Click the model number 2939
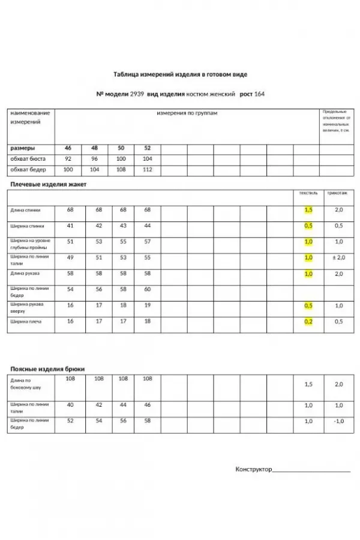138,94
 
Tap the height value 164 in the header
260,94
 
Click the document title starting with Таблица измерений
180,74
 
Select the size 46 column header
68,148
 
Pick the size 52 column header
148,148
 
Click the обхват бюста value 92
68,159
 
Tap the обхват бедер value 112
148,170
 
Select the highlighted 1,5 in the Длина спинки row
308,210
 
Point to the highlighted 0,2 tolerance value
308,322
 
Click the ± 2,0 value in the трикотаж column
338,257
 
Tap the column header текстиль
308,193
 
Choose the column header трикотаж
337,193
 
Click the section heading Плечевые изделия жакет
49,184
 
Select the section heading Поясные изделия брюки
47,369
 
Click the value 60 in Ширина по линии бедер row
148,289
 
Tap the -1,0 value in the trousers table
338,421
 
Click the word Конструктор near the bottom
253,469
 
